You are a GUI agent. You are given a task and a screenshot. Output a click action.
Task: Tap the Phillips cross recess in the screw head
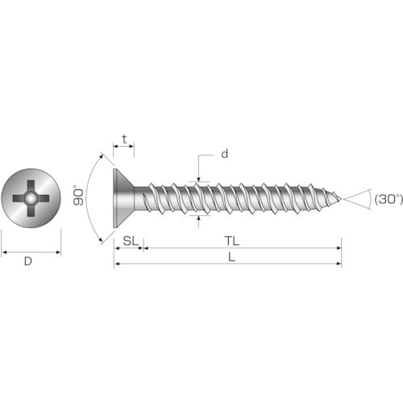click(31, 198)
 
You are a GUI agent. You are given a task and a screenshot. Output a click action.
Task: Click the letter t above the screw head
click(123, 139)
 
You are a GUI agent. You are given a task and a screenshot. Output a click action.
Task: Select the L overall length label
click(231, 257)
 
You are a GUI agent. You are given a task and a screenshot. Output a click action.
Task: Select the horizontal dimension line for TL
click(242, 248)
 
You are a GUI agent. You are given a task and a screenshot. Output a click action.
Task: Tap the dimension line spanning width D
click(31, 251)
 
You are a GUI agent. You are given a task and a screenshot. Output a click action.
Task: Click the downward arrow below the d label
click(197, 177)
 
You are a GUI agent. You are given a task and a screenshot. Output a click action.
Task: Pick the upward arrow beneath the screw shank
click(197, 220)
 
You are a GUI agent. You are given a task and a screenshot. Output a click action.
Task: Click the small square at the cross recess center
click(31, 198)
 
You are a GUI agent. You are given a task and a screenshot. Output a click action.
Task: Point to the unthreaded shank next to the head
click(140, 197)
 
